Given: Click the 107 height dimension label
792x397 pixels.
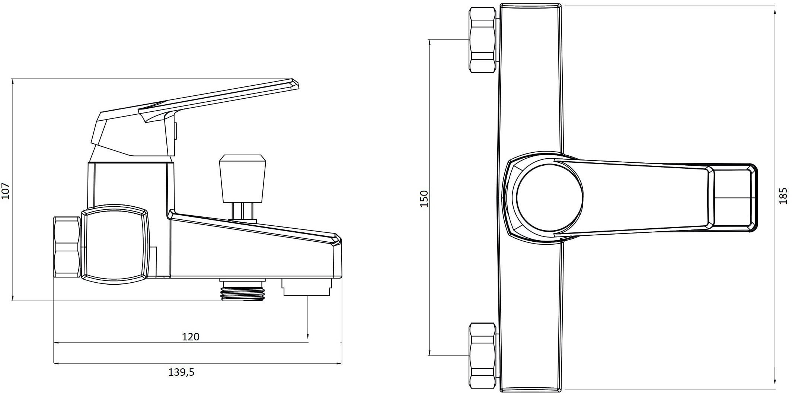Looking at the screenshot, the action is [6, 191].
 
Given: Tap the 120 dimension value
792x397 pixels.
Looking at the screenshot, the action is [191, 337].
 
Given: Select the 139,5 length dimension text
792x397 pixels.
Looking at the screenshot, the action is [181, 372].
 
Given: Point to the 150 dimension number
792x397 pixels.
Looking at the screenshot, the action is [424, 198].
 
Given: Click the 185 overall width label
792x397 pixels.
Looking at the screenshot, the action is [783, 196].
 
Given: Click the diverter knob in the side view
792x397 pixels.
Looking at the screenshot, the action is [243, 179].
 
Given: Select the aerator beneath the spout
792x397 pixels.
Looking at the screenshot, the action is [307, 287].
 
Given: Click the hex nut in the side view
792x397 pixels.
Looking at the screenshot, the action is [67, 247].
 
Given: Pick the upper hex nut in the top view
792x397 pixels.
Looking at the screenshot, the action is [483, 40].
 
